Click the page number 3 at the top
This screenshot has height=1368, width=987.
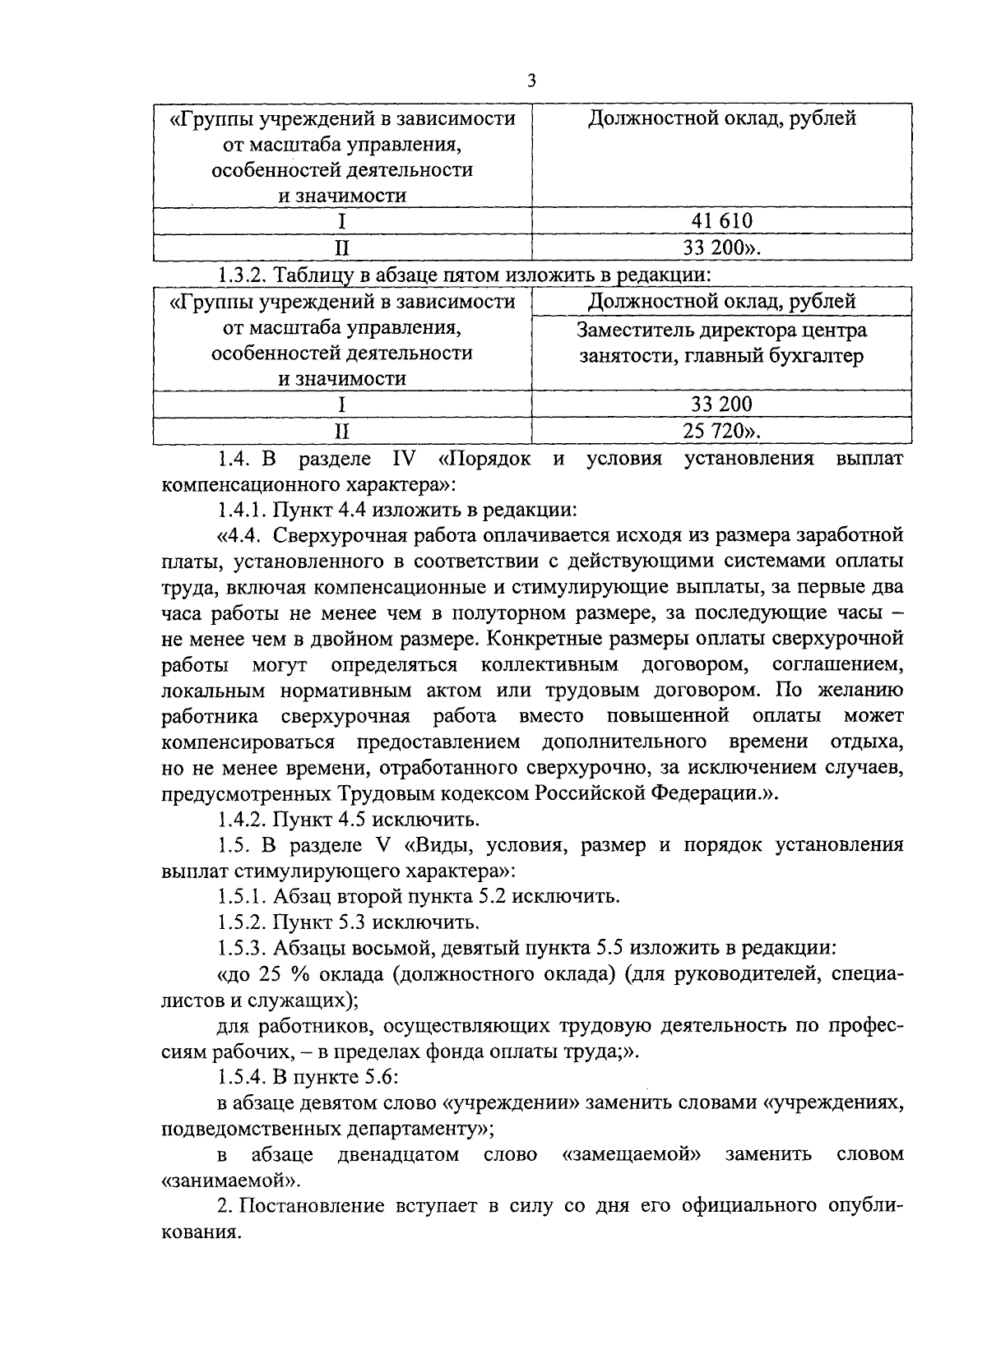(x=531, y=80)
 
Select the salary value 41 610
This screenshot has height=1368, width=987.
(x=721, y=220)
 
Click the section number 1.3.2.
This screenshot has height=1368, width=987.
(x=242, y=275)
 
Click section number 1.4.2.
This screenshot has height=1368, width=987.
(x=242, y=820)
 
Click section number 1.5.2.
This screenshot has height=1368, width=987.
(x=242, y=922)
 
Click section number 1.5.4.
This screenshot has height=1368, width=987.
(x=242, y=1077)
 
